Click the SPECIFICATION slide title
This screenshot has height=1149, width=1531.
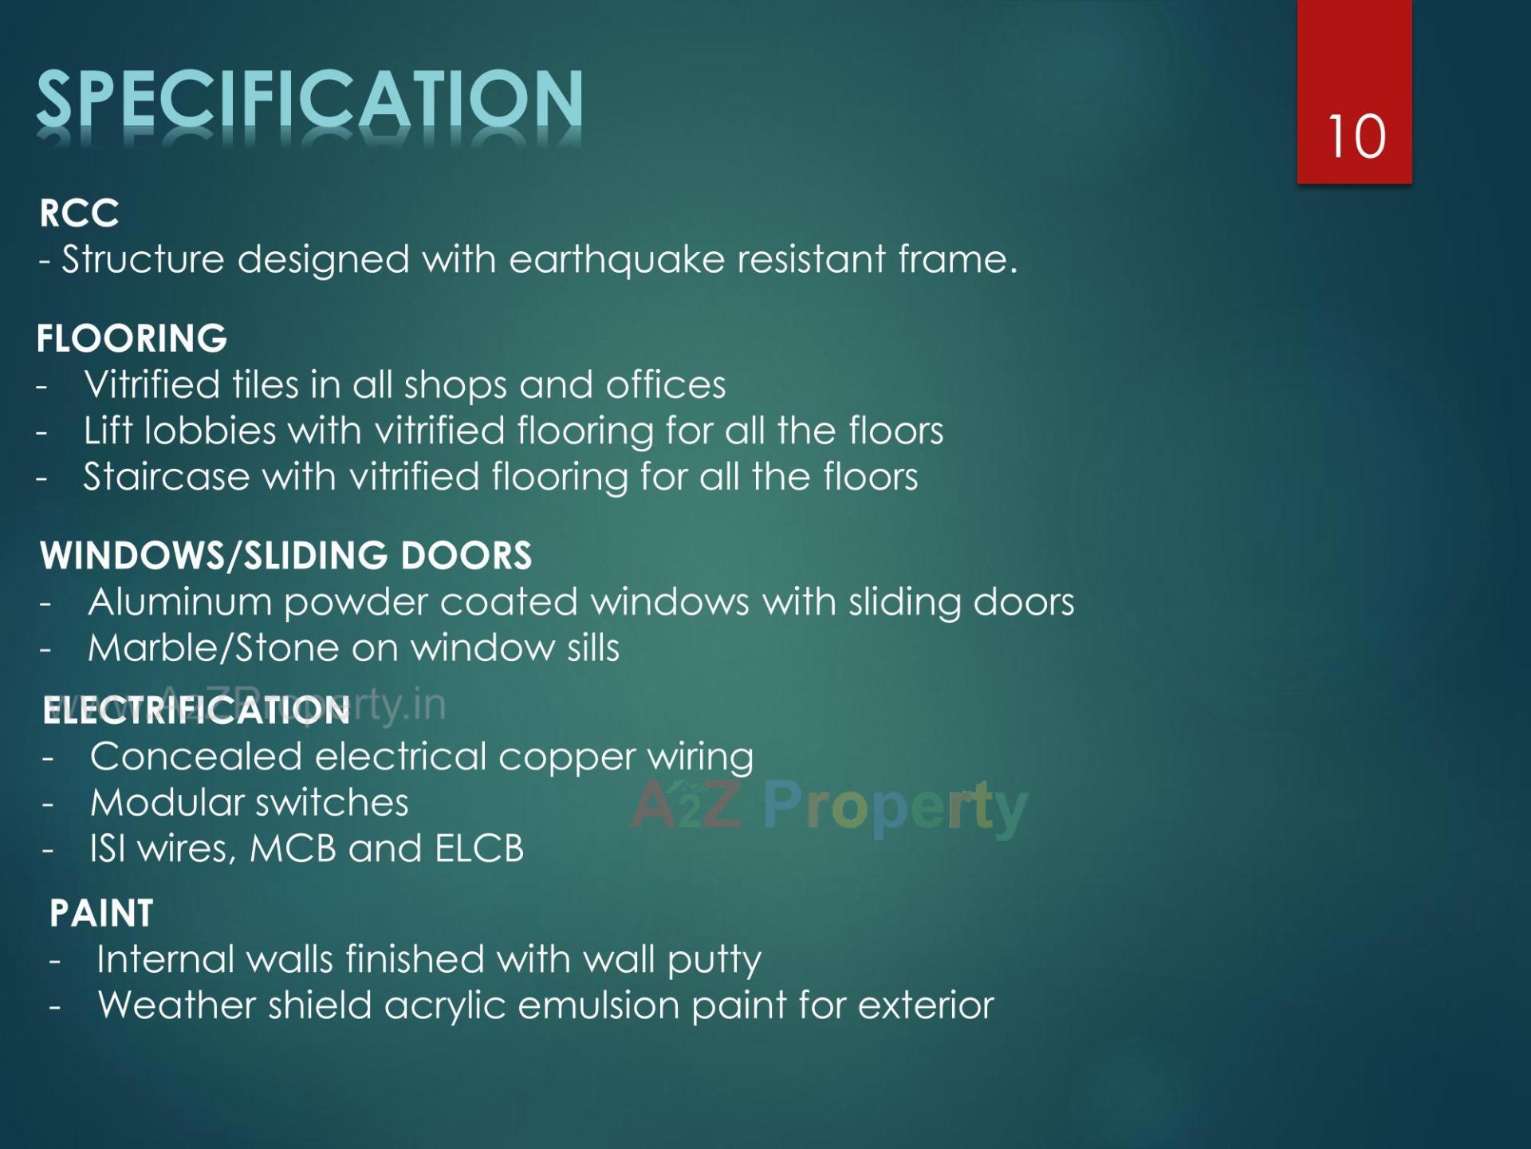[309, 100]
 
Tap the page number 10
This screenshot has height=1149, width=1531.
[1356, 137]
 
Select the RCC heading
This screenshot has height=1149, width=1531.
[79, 214]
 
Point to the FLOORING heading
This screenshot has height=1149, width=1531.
[132, 339]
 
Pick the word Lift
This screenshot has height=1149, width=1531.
[108, 431]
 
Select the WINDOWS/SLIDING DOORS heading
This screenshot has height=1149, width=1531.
[285, 556]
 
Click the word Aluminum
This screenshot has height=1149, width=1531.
[179, 603]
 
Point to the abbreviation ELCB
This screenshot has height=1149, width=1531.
[479, 848]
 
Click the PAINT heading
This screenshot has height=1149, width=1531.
[101, 914]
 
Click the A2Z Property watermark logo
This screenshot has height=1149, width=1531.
[829, 807]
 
